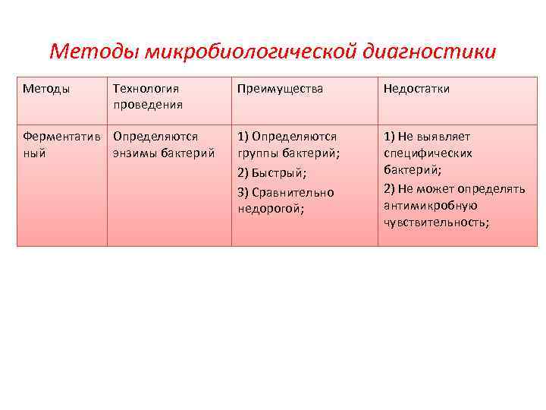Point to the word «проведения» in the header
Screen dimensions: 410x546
click(x=148, y=104)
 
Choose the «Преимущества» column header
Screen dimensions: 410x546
click(x=280, y=89)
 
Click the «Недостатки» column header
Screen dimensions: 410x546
click(x=416, y=89)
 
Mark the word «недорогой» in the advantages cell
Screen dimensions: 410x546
click(x=269, y=208)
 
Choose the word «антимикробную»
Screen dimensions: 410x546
click(x=430, y=205)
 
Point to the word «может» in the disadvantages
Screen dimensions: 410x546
click(x=428, y=188)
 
